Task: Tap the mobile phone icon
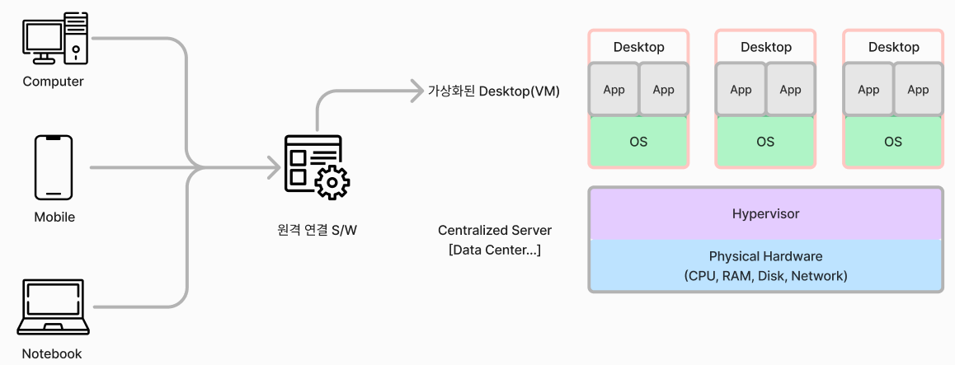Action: tap(54, 167)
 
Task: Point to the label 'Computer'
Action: tap(54, 82)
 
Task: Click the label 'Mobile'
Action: tap(54, 218)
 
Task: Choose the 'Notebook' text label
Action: tap(53, 353)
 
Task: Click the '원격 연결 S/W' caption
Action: tap(318, 230)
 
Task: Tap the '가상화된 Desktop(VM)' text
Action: tap(493, 91)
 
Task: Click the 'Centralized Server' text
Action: tap(495, 230)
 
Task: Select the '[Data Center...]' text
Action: tap(495, 250)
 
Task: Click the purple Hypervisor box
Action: tap(765, 213)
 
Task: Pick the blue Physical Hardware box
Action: tap(765, 266)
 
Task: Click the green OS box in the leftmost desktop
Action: tap(638, 142)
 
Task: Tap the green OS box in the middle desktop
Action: tap(765, 142)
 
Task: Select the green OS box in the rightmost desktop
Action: tap(892, 142)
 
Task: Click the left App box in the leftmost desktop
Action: tap(614, 90)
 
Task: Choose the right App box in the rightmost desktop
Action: tap(918, 90)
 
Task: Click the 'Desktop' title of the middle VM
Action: tap(765, 47)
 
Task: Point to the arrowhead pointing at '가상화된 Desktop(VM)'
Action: tap(416, 91)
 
